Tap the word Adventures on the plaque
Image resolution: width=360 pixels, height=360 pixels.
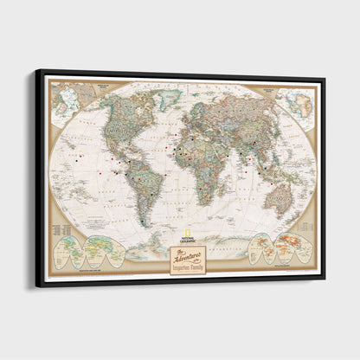[x=190, y=254]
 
